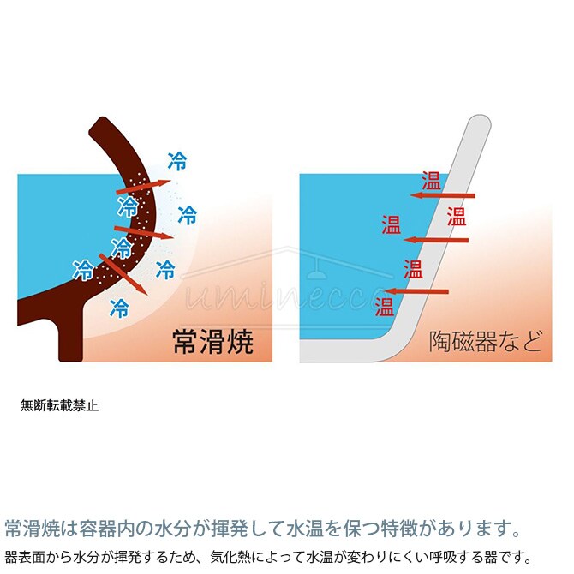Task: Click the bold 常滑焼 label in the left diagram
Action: click(x=214, y=342)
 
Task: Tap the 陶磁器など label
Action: click(x=485, y=341)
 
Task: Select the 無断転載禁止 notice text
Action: click(x=59, y=406)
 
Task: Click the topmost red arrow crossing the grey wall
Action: click(x=443, y=195)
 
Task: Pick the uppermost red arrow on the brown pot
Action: click(x=142, y=182)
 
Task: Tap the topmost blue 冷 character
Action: click(x=177, y=159)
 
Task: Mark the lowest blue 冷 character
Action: click(x=120, y=306)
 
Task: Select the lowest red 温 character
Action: click(x=385, y=306)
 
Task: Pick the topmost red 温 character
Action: click(x=432, y=182)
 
